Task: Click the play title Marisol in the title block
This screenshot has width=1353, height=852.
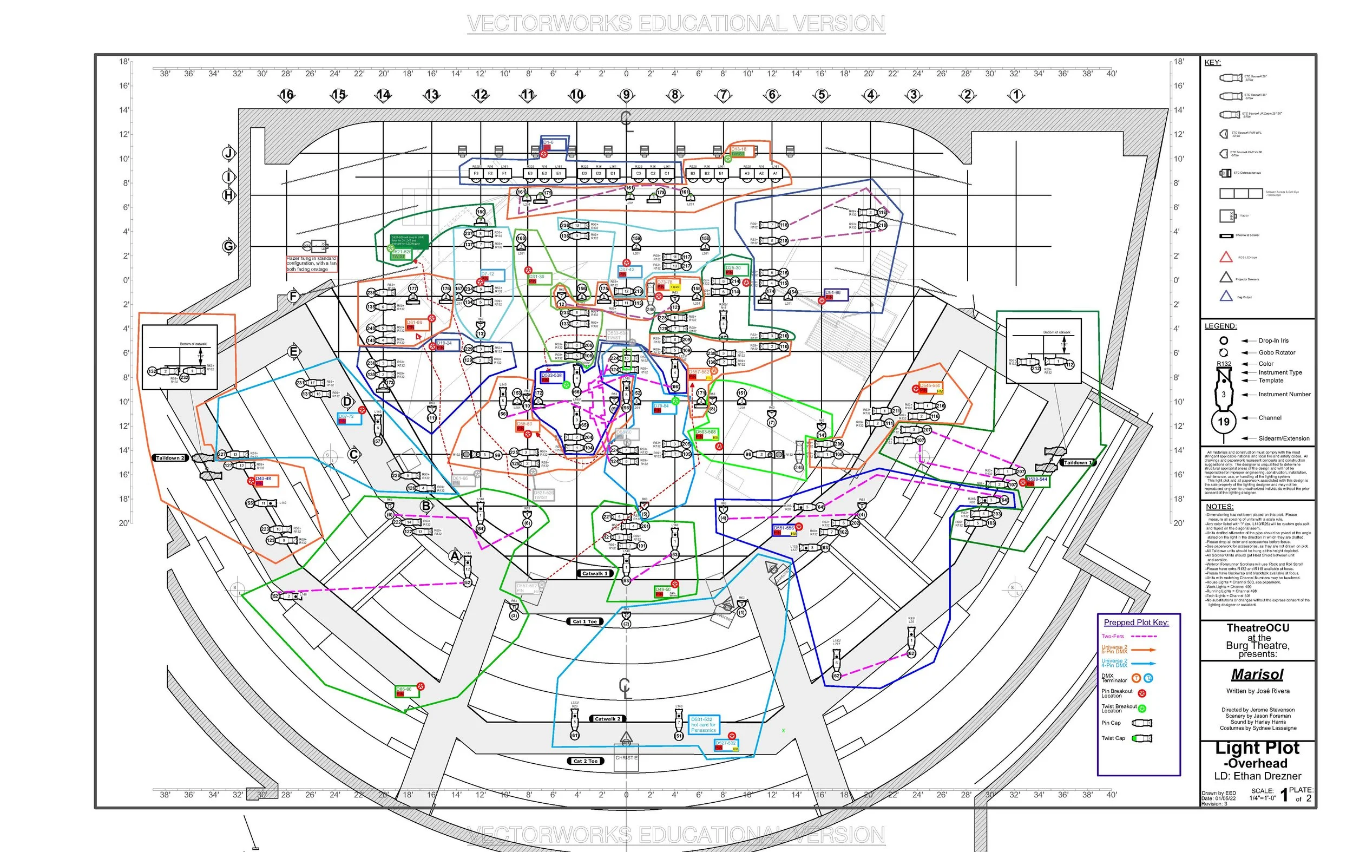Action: point(1258,674)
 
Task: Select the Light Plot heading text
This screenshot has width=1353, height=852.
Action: point(1258,748)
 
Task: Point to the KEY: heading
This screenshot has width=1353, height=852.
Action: point(1212,62)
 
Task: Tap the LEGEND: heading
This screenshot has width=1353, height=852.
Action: point(1220,326)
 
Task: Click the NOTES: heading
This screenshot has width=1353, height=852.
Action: point(1219,506)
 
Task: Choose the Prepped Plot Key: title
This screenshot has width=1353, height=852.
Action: point(1136,622)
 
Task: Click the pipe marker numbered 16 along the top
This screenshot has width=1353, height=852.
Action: point(286,95)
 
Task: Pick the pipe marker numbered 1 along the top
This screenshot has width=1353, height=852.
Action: point(1016,95)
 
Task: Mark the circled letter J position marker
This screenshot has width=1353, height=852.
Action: point(229,153)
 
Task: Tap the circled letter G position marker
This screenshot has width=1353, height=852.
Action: point(229,246)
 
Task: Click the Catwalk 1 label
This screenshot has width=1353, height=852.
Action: point(594,573)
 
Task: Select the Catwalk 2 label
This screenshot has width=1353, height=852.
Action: point(607,719)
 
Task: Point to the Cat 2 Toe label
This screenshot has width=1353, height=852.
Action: point(585,761)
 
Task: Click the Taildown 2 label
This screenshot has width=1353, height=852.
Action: point(170,458)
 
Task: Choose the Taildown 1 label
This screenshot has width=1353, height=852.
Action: point(1078,462)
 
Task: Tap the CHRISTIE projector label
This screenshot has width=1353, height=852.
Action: point(627,758)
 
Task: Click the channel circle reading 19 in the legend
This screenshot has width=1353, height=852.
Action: point(1223,422)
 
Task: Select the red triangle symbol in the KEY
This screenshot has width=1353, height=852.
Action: point(1225,258)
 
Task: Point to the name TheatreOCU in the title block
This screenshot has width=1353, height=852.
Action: point(1258,628)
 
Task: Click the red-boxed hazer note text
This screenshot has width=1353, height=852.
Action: point(312,264)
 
